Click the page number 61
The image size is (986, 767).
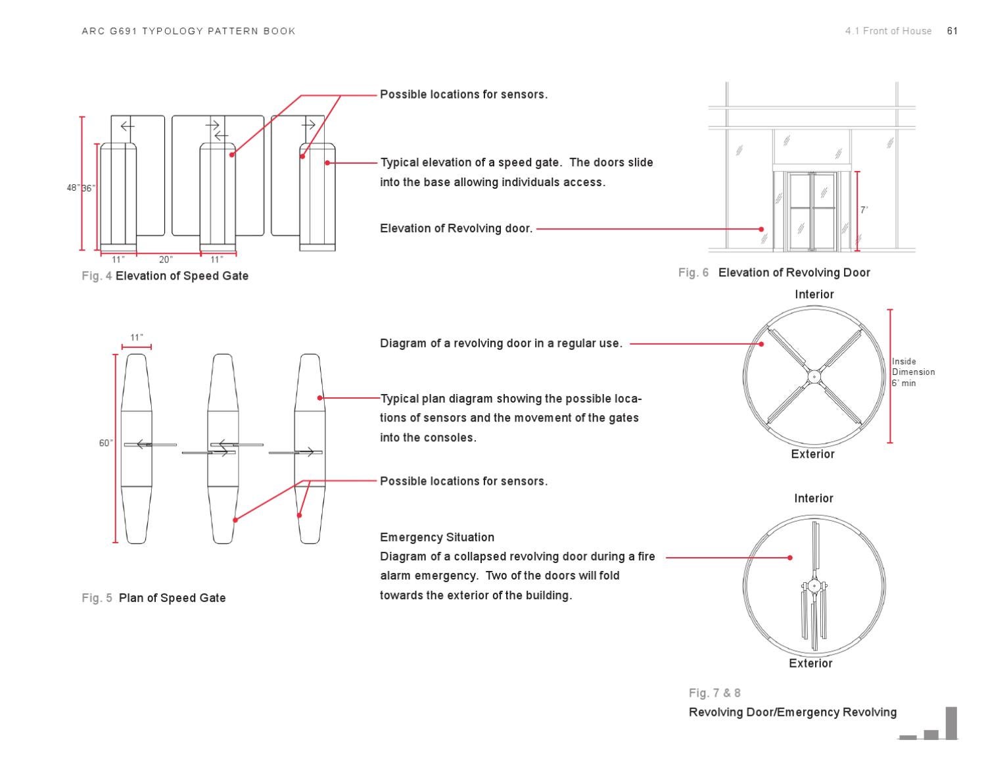click(952, 31)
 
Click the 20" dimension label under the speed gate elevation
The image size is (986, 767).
click(166, 260)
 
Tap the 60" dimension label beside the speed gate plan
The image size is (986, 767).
click(106, 443)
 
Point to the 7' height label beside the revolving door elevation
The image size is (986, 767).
click(864, 210)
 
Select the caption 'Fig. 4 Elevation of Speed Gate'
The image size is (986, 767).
click(165, 276)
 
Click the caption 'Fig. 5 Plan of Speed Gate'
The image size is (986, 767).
click(154, 598)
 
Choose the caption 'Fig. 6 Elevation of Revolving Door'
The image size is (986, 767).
click(774, 272)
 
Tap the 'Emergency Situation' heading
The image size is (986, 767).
click(437, 537)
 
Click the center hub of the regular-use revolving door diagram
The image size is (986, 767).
click(814, 377)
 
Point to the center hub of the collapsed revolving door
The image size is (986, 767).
click(814, 585)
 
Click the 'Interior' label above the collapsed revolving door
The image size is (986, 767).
click(814, 499)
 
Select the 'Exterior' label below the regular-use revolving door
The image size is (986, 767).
click(813, 454)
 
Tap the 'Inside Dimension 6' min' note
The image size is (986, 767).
click(913, 372)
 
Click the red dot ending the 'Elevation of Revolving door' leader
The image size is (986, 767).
click(761, 229)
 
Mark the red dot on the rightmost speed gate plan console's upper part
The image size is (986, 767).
click(320, 398)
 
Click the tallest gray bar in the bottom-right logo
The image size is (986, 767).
click(951, 723)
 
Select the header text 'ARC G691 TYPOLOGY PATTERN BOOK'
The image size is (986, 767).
click(189, 31)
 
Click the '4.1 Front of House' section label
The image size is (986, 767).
click(888, 31)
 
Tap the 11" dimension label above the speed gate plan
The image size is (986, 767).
click(137, 337)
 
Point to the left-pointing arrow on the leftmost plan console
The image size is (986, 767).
click(142, 445)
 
